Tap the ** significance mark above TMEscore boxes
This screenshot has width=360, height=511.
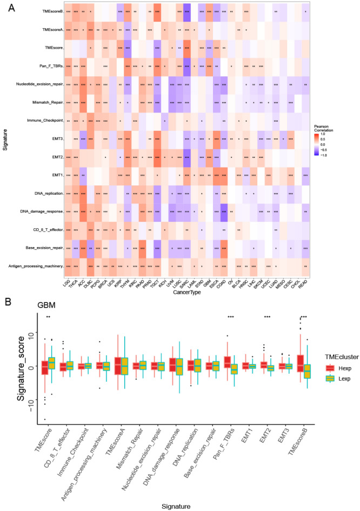click(x=48, y=317)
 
